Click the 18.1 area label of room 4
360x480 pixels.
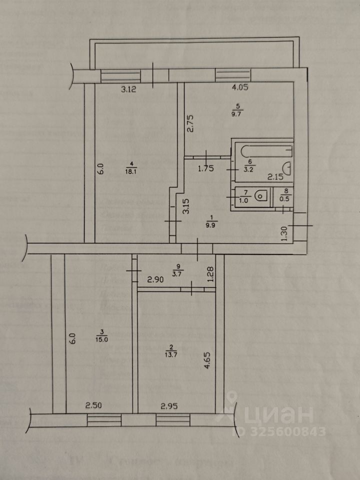(x=131, y=170)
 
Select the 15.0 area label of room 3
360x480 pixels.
(x=101, y=338)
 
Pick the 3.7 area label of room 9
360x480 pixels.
(x=176, y=273)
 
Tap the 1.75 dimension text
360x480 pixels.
(x=206, y=168)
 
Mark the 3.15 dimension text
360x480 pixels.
(x=186, y=207)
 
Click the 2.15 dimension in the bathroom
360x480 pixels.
(x=276, y=176)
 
